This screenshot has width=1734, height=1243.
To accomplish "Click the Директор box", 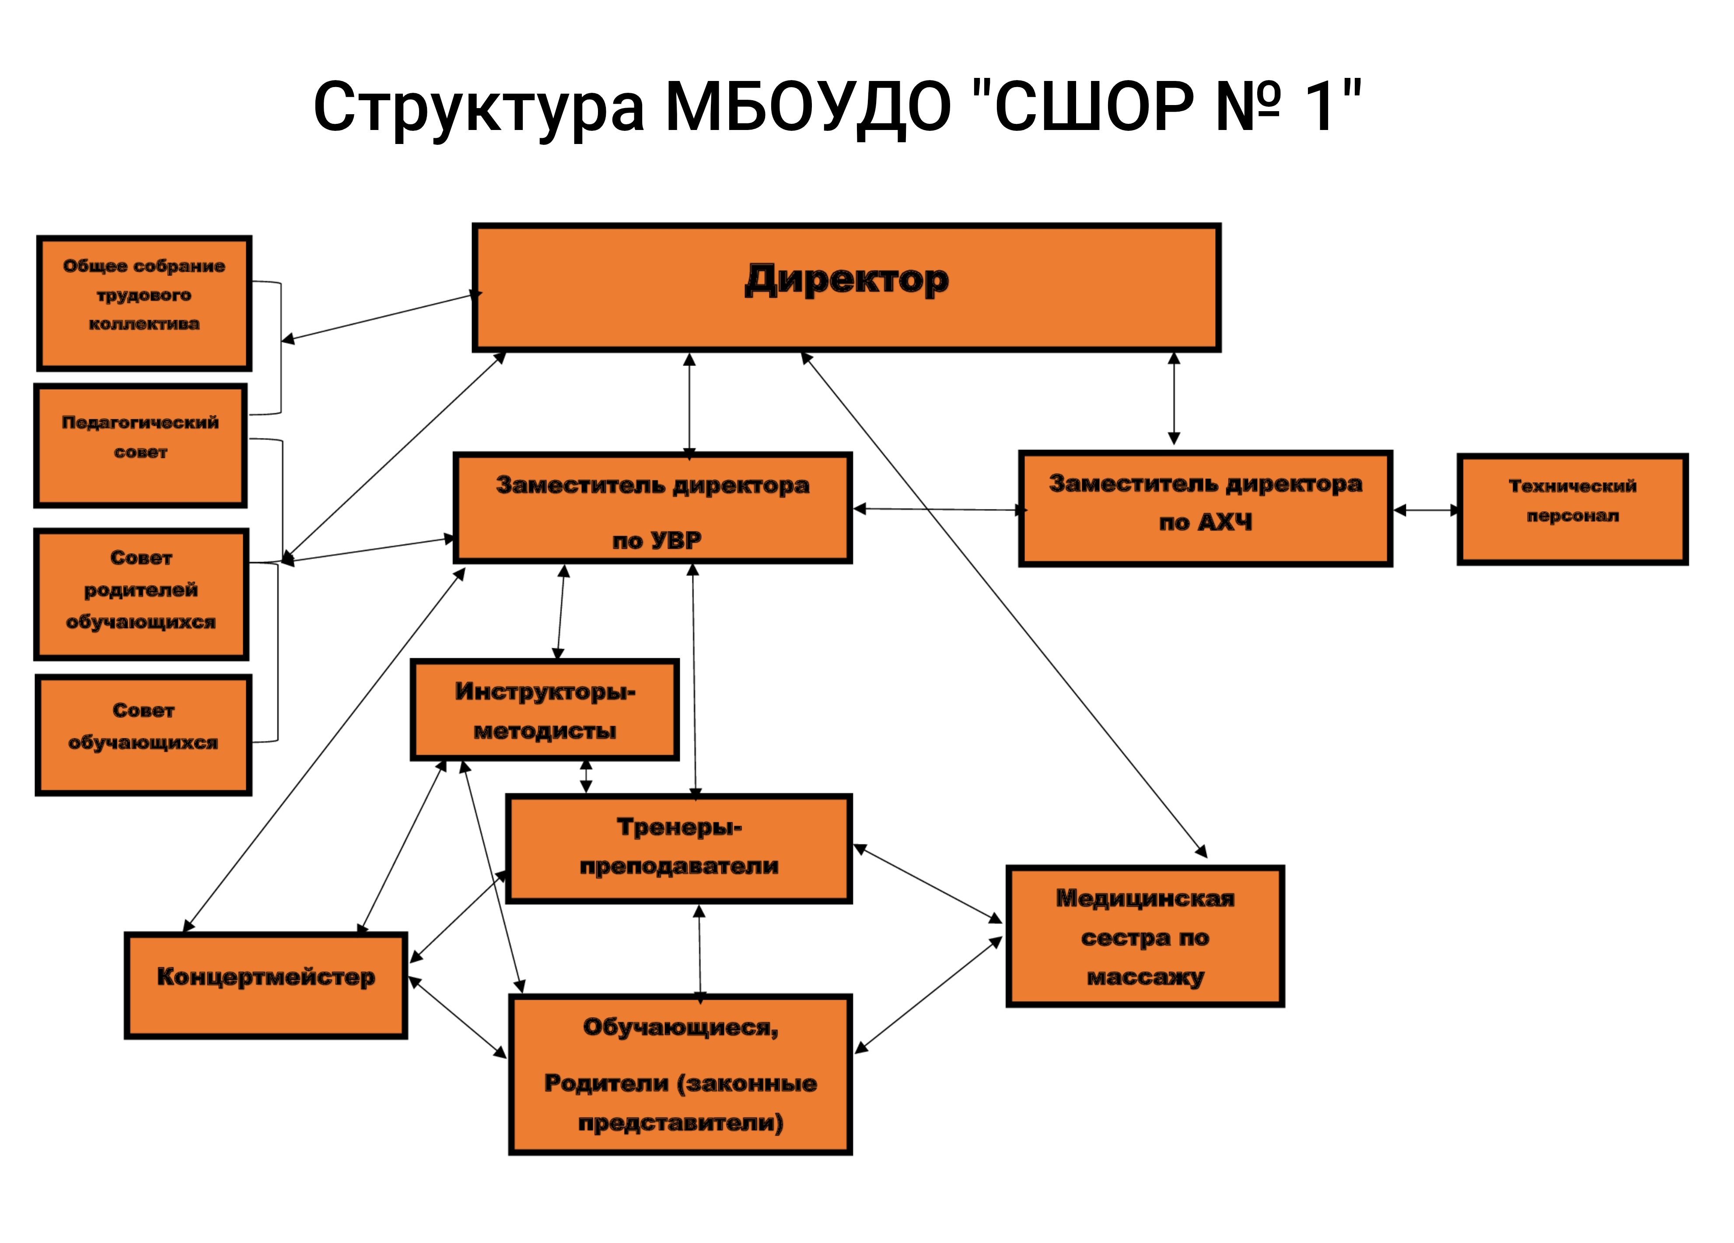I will (846, 288).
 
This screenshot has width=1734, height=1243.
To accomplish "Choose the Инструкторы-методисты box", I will (544, 710).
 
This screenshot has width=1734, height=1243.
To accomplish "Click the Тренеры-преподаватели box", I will (679, 848).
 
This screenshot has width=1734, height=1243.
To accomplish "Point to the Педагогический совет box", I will (141, 446).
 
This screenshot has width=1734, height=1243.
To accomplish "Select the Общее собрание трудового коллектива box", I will (144, 303).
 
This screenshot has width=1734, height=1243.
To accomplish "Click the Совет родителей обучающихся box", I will (141, 593).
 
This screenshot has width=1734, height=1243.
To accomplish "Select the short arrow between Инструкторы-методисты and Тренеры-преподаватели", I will (587, 776).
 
